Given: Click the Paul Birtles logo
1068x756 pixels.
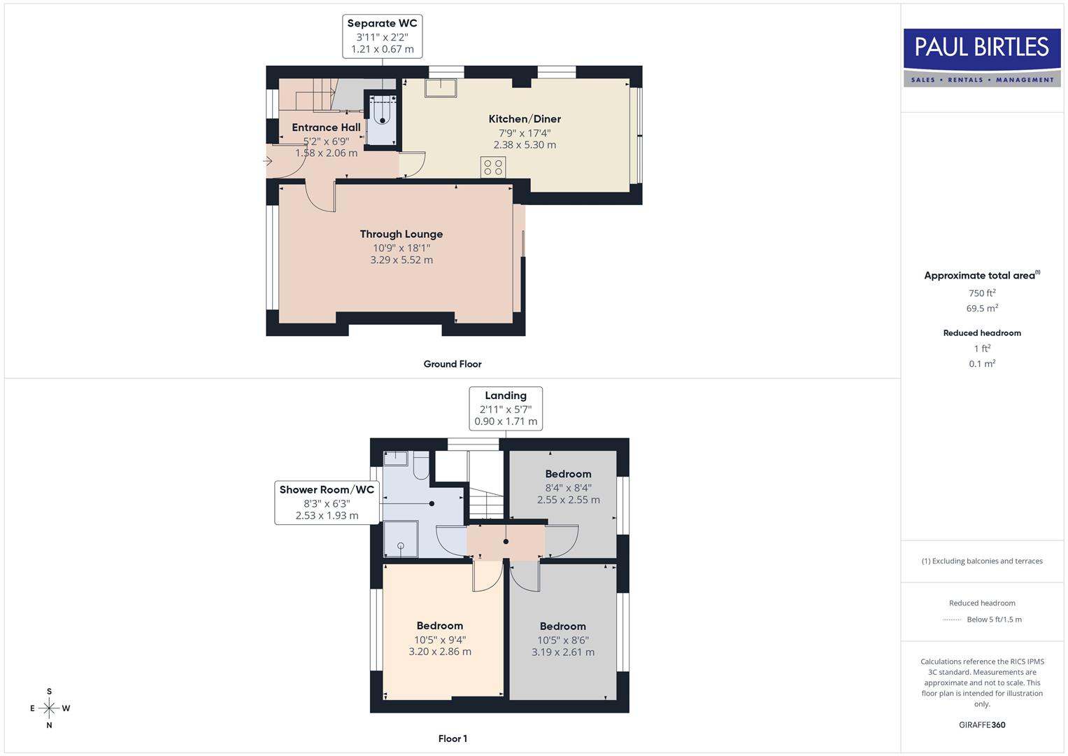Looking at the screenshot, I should [x=982, y=57].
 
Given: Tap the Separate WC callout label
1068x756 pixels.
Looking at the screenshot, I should [x=382, y=36].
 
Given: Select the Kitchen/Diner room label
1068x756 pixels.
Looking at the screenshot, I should [x=525, y=132].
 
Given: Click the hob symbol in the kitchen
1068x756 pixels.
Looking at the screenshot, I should [x=493, y=167].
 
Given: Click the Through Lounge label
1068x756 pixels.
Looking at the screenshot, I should [x=401, y=246].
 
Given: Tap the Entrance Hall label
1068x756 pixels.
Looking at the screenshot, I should [x=326, y=139].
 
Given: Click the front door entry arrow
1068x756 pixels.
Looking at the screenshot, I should [x=267, y=161].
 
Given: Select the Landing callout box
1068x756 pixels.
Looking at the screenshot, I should [x=506, y=408].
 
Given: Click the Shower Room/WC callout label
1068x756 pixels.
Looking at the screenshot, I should [x=327, y=503].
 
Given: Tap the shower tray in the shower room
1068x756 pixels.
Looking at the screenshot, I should [x=401, y=540].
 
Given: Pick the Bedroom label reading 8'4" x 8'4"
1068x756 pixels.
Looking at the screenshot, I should [x=568, y=486].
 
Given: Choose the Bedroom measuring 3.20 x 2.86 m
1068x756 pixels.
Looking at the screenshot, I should [x=440, y=638].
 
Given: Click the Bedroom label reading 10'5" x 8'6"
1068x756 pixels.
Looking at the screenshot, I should [x=563, y=639].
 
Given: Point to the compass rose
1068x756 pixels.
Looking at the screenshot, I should [x=49, y=708].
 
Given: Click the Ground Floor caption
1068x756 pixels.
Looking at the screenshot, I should [x=453, y=364].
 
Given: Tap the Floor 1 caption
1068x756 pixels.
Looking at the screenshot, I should [x=453, y=738].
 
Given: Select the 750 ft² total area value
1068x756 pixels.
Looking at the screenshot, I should [x=982, y=293].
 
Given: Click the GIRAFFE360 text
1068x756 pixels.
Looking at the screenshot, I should [x=982, y=724].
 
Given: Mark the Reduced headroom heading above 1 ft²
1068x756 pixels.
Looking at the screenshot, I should [x=982, y=333].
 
